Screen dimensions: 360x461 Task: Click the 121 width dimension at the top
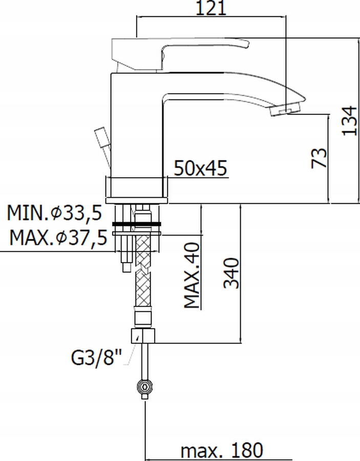(211, 8)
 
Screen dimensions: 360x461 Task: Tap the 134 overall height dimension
(350, 120)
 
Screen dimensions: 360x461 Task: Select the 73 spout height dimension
(319, 158)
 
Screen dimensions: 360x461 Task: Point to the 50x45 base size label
(200, 168)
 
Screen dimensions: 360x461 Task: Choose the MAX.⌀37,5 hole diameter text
(58, 238)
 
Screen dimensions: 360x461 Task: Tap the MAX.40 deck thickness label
(192, 275)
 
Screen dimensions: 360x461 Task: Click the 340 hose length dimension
(231, 274)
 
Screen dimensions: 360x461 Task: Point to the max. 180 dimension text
(222, 450)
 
